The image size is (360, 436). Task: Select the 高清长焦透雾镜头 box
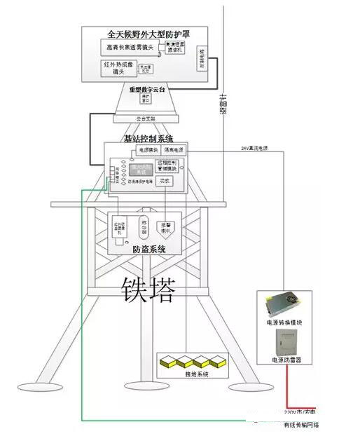pyautogui.click(x=131, y=48)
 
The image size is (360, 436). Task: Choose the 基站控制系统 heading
pyautogui.click(x=148, y=138)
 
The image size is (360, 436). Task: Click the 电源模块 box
pyautogui.click(x=145, y=150)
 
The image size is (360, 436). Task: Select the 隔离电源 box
pyautogui.click(x=173, y=150)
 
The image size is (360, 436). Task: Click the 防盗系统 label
pyautogui.click(x=149, y=249)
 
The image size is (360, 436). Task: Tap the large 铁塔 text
pyautogui.click(x=148, y=288)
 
